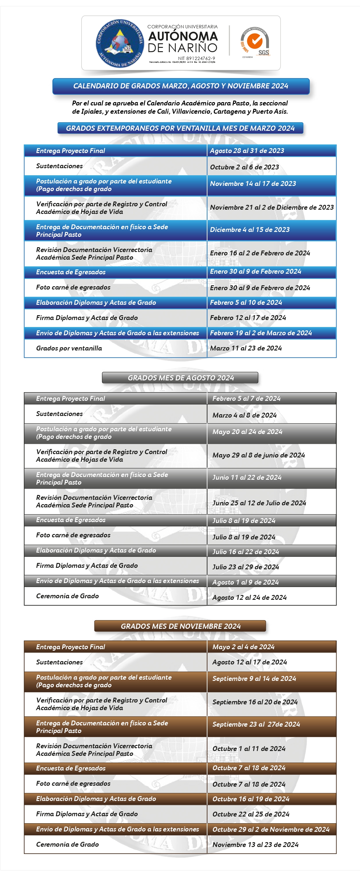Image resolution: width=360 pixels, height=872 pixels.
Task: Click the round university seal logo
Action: [120, 43]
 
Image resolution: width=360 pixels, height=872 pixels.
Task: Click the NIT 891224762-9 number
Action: [196, 58]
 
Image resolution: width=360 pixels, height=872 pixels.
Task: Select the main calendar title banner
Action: [181, 86]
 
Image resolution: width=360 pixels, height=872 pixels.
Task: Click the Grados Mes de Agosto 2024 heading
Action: [180, 378]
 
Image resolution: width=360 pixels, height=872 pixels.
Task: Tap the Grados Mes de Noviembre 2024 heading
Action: [180, 626]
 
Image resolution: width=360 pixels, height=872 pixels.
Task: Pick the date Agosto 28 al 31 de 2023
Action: [247, 151]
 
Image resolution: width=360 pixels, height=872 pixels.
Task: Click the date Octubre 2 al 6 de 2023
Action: [244, 167]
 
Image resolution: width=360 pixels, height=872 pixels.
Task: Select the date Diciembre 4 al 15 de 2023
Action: [250, 230]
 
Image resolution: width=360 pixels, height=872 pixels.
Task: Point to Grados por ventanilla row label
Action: [69, 348]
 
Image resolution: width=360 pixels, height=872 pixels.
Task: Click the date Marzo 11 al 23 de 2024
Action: [246, 348]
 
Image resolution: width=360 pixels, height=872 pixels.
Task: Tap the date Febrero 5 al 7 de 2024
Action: [246, 398]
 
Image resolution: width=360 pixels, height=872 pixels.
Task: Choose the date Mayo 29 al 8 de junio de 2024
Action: [259, 455]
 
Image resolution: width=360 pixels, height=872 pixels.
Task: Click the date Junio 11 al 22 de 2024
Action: [247, 477]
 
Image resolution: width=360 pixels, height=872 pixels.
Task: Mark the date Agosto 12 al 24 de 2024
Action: [249, 597]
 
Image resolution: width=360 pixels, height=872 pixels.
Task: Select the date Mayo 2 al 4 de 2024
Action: [243, 647]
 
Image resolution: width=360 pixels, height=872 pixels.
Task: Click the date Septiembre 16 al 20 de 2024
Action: [255, 702]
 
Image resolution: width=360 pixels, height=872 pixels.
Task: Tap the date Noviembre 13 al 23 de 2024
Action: [255, 845]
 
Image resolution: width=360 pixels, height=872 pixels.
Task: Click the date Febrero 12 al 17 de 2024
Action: [248, 318]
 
